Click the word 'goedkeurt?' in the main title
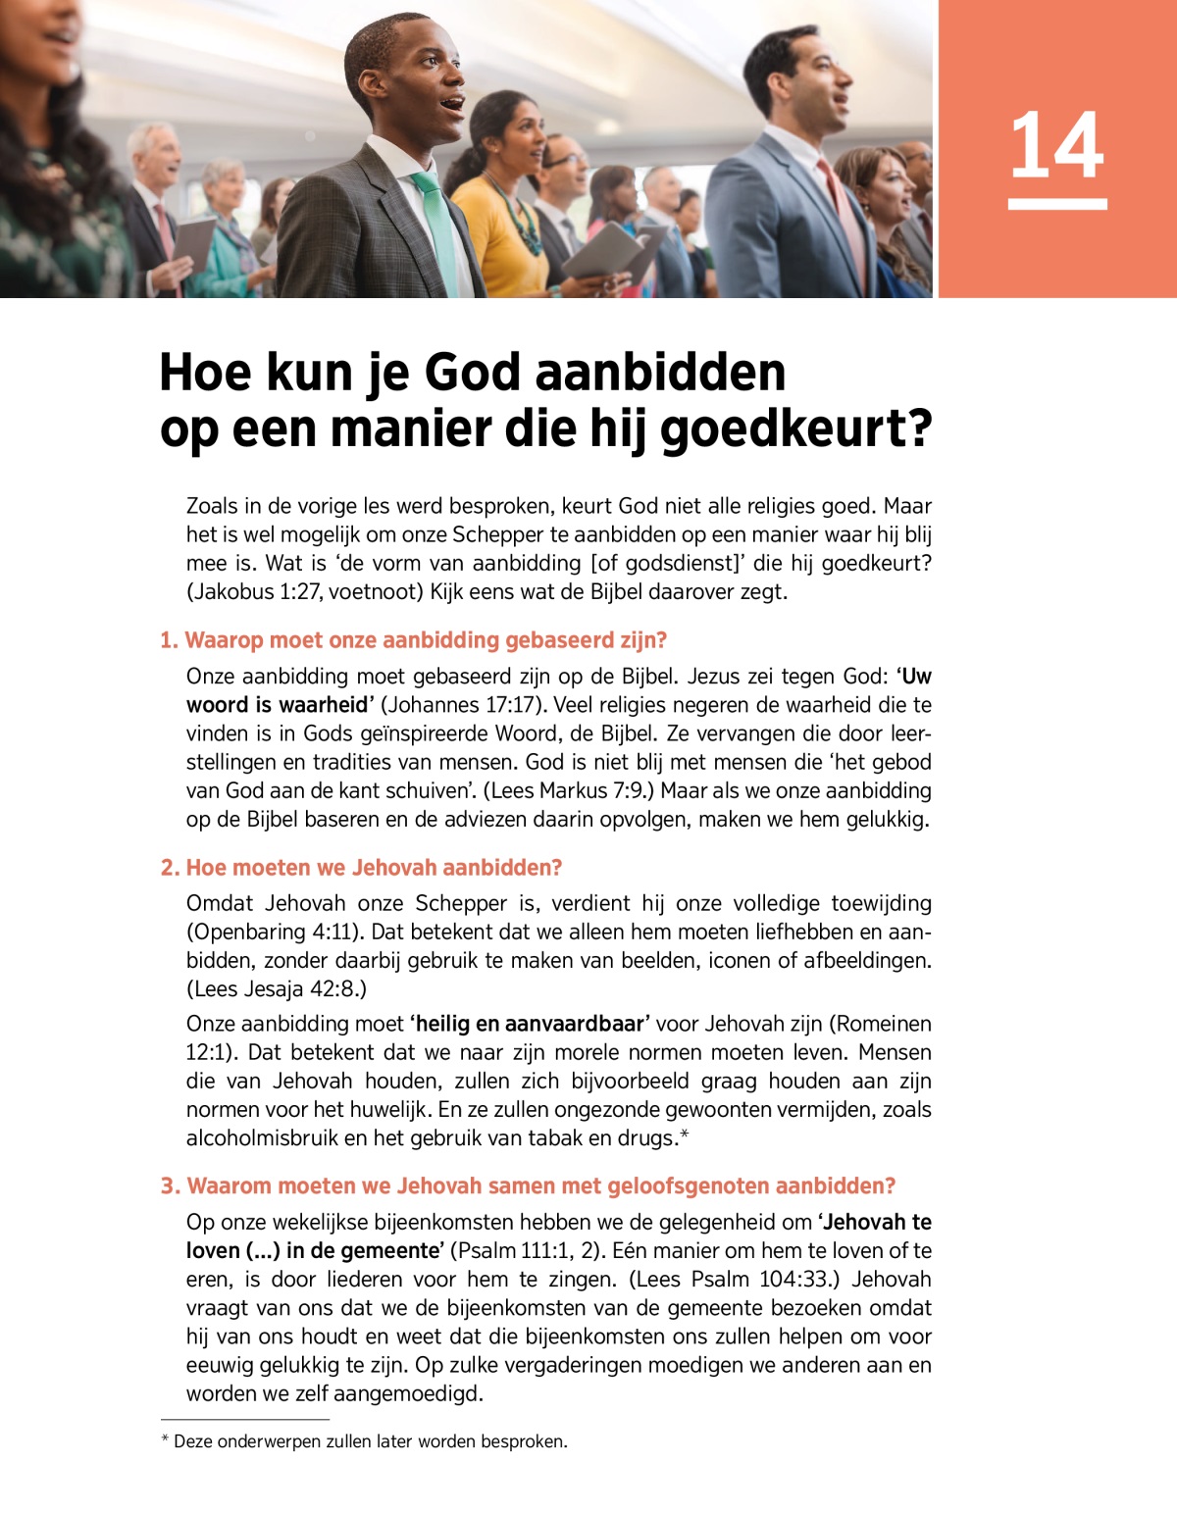pyautogui.click(x=795, y=429)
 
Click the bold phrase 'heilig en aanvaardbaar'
pyautogui.click(x=530, y=1024)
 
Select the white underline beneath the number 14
pyautogui.click(x=1056, y=204)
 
